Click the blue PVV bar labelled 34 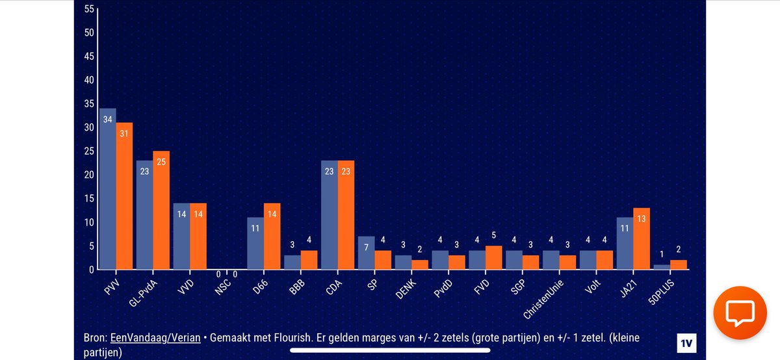click(x=107, y=188)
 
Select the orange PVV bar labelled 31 click(x=125, y=196)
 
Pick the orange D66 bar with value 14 click(x=272, y=236)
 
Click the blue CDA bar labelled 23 click(x=329, y=214)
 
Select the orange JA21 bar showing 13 click(x=642, y=238)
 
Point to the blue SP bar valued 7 click(x=366, y=253)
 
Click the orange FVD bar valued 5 click(x=494, y=257)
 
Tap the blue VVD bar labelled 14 click(x=181, y=236)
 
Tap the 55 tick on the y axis click(x=89, y=9)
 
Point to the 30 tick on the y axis click(x=89, y=127)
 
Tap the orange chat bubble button click(x=740, y=314)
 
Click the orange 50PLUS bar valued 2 click(x=679, y=264)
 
